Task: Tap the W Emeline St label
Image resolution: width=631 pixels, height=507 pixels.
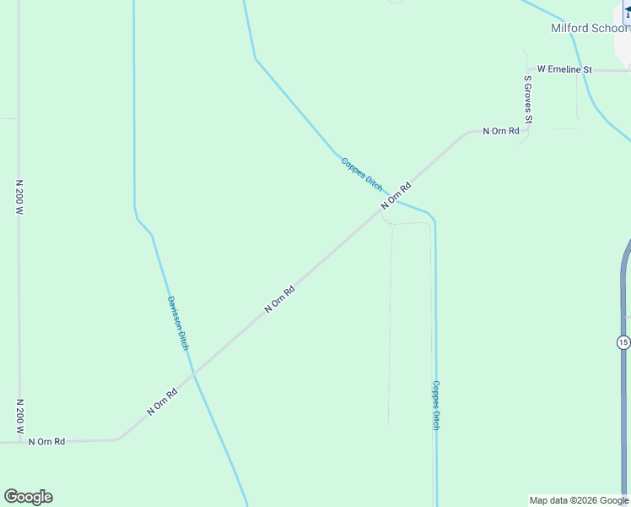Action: [564, 69]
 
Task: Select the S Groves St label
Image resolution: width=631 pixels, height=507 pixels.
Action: [528, 100]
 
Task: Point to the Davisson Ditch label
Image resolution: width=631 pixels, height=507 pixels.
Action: [177, 324]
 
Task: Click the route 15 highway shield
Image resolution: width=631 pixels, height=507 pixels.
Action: [623, 342]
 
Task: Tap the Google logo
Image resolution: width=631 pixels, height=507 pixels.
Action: [28, 497]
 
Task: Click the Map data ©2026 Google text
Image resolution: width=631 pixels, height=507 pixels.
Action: [579, 500]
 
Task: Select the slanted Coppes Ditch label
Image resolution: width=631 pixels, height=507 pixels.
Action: [362, 174]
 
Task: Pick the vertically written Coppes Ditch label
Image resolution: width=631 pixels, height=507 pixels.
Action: [436, 405]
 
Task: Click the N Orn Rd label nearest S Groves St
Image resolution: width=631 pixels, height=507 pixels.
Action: [500, 131]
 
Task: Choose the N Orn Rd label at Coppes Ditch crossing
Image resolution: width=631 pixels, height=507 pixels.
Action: [395, 196]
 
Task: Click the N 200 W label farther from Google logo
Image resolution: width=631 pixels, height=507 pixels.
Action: [19, 196]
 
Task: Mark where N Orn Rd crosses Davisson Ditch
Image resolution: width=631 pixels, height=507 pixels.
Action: [193, 373]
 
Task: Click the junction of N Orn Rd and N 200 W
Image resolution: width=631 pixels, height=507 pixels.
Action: [19, 441]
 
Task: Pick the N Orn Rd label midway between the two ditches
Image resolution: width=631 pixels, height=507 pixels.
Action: [279, 300]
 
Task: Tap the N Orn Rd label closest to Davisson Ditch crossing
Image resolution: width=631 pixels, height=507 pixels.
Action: [163, 401]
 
